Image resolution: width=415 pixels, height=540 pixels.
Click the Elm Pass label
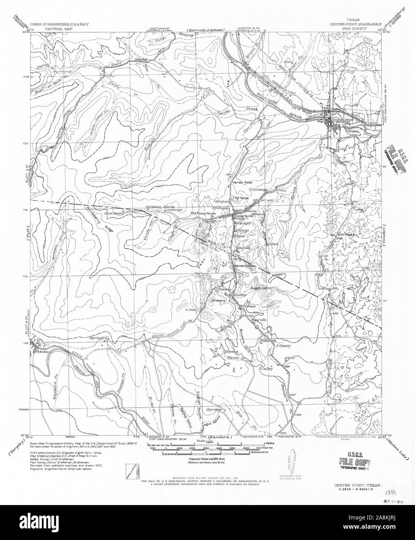[346, 235]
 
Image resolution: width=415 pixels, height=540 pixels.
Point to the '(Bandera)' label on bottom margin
[220, 437]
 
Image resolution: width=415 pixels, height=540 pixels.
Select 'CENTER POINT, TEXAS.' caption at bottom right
[357, 486]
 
